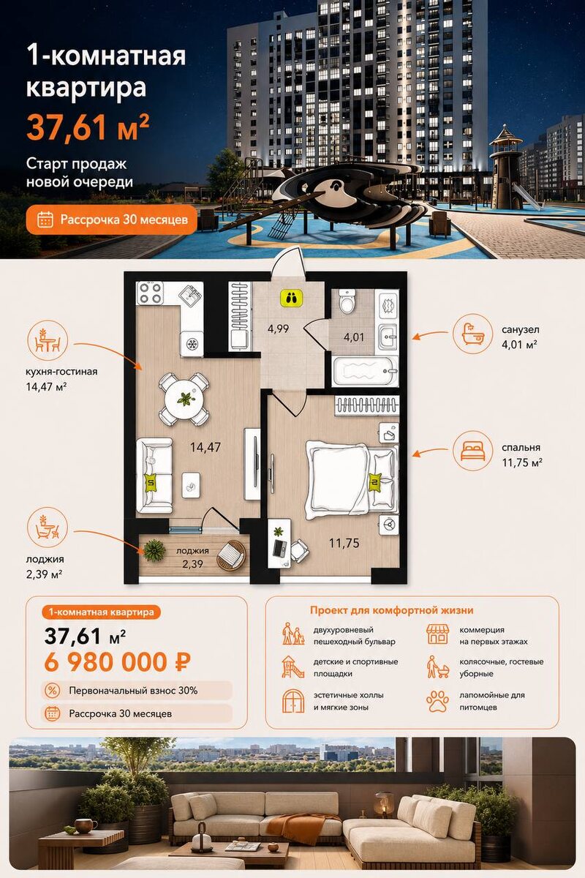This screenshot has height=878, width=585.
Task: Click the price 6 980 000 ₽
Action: click(x=118, y=662)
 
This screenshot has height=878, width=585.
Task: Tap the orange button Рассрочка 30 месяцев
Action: click(x=112, y=219)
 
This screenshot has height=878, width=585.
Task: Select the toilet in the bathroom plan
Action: click(x=347, y=301)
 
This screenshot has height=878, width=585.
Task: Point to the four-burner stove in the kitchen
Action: click(x=150, y=293)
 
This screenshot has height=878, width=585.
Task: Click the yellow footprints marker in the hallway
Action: click(x=291, y=299)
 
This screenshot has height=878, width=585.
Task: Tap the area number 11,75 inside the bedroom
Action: click(x=344, y=543)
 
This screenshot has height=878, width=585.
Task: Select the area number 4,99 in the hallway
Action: click(x=278, y=329)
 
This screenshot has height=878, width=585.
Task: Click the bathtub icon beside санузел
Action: click(x=472, y=334)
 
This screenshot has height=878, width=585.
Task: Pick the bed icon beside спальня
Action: click(x=472, y=451)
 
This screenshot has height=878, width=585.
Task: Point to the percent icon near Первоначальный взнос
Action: click(x=52, y=690)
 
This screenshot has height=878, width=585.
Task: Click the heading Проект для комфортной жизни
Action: click(x=391, y=610)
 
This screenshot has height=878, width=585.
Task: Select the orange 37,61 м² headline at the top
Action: click(x=88, y=127)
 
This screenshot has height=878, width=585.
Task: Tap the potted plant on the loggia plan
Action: click(x=154, y=550)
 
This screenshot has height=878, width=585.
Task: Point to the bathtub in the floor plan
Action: click(x=365, y=371)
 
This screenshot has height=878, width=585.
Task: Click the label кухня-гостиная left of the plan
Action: click(x=61, y=372)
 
